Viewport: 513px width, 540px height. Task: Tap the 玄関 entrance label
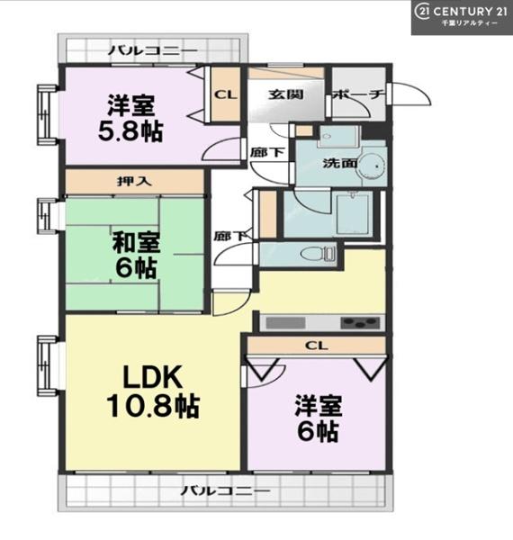pos(285,94)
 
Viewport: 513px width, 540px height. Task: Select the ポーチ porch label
pos(358,94)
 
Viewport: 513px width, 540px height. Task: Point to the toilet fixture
pos(318,254)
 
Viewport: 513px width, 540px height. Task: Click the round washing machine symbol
pos(372,166)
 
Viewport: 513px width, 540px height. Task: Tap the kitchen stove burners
pos(360,323)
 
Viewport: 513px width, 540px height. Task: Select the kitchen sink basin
pos(285,323)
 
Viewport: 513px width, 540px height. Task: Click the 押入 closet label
pos(134,181)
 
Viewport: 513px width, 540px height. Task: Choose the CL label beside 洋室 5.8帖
pos(226,94)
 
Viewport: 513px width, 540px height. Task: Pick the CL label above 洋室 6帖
pos(317,346)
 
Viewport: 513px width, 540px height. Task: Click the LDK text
pos(152,377)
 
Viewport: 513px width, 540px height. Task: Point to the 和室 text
pos(136,242)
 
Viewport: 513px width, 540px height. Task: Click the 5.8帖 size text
pos(130,130)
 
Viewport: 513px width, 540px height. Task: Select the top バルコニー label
pos(153,51)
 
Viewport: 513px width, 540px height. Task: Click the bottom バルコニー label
pos(225,490)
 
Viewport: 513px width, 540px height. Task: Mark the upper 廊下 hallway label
pos(267,152)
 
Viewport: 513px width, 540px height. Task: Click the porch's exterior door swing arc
pos(422,89)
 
